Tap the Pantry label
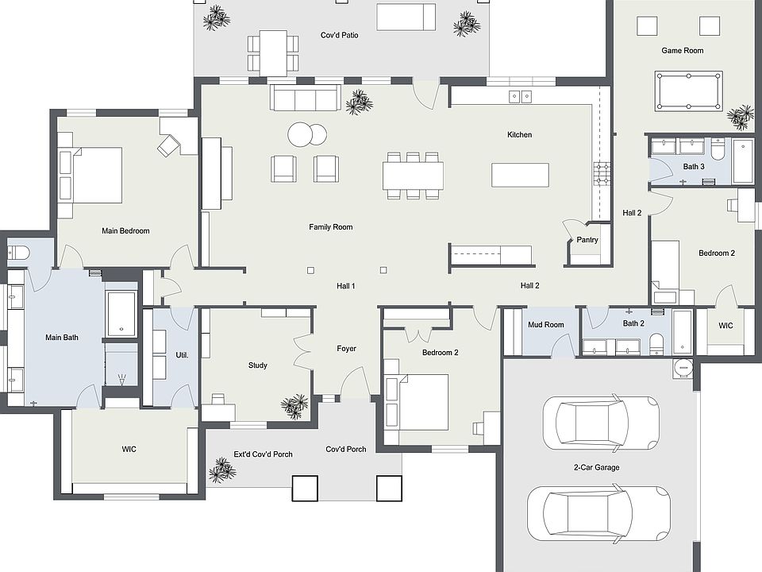[587, 239]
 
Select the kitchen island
[520, 175]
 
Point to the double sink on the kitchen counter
[521, 97]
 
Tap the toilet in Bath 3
[718, 149]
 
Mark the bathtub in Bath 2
[683, 332]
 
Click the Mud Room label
[546, 324]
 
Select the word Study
[257, 365]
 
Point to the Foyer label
[346, 349]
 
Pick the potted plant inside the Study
[294, 406]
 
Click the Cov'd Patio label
[339, 35]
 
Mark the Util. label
[181, 355]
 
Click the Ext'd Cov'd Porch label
[262, 454]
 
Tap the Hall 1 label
[346, 286]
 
